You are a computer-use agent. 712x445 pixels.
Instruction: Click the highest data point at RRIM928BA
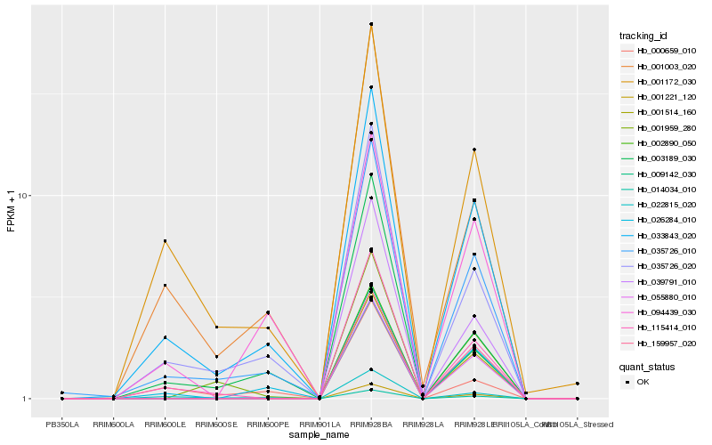point(371,24)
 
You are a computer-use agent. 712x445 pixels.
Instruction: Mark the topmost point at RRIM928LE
point(474,150)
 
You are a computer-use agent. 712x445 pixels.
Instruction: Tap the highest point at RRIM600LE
point(165,241)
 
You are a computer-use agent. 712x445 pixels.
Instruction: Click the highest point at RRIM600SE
point(216,327)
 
